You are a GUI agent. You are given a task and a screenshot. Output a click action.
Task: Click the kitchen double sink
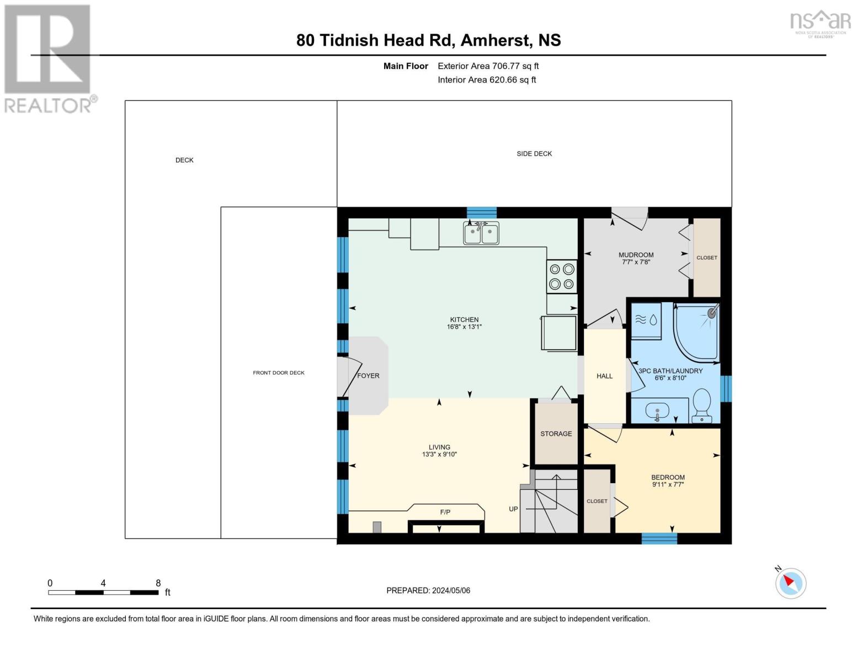point(481,233)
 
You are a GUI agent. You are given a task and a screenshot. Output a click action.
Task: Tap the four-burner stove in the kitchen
point(562,276)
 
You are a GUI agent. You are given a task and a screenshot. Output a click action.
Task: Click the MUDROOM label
point(636,255)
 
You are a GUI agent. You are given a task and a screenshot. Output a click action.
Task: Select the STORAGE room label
point(556,434)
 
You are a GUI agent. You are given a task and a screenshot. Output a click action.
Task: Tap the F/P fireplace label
point(445,512)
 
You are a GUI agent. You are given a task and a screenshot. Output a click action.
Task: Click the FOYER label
point(368,376)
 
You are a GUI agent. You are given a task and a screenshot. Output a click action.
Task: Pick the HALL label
point(604,376)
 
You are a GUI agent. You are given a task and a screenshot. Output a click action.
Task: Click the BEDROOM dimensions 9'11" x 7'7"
point(668,485)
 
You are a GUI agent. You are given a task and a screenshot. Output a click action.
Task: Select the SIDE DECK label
point(534,154)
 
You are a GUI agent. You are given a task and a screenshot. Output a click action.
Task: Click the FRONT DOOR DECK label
point(279,373)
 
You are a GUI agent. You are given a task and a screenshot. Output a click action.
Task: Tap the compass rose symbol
point(790,583)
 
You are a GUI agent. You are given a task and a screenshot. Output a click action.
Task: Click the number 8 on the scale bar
point(158,583)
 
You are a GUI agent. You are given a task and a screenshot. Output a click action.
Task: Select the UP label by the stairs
point(513,509)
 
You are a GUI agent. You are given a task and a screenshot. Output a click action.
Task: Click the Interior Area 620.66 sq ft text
point(487,80)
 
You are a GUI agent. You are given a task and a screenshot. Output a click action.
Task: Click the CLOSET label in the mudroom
point(706,258)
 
